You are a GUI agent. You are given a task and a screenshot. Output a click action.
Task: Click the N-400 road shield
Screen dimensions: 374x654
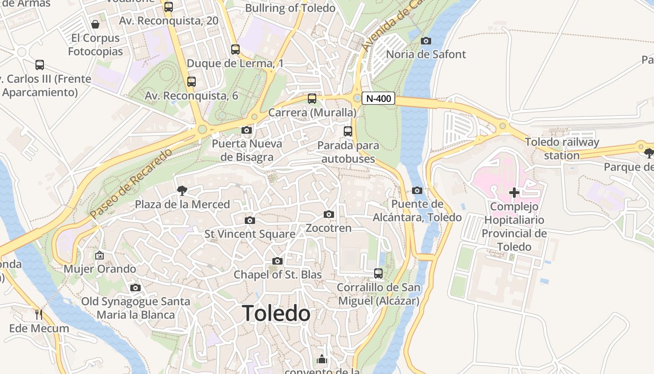tap(378, 99)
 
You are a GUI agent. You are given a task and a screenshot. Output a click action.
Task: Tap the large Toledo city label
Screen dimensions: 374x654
tap(277, 313)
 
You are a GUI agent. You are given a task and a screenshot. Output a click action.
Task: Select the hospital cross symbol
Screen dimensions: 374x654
tap(514, 193)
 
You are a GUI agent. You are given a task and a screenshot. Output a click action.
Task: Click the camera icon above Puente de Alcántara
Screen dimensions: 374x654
tap(417, 190)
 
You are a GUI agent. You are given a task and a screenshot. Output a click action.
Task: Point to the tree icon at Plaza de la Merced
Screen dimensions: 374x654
tap(182, 190)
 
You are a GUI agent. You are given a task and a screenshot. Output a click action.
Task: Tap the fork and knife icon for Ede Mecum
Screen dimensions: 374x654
tap(39, 314)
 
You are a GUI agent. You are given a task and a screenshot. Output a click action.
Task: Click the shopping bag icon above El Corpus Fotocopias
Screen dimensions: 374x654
tap(95, 24)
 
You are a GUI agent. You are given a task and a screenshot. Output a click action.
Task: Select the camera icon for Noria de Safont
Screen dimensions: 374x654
tap(426, 41)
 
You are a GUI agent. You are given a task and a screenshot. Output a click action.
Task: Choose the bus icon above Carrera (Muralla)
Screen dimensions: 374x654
tap(312, 99)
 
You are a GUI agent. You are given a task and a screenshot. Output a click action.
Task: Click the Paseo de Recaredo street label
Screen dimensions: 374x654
tap(131, 183)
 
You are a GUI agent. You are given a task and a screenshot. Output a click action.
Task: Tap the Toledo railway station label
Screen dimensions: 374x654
tap(562, 149)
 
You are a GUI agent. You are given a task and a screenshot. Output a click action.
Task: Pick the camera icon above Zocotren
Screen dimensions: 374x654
tap(329, 214)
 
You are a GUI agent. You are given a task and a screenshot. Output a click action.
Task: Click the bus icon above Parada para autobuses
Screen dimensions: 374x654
tap(348, 131)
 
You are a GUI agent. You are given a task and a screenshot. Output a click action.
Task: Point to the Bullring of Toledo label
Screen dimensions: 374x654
tap(290, 8)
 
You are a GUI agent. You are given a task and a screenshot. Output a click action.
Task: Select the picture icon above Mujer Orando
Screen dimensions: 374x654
tap(100, 255)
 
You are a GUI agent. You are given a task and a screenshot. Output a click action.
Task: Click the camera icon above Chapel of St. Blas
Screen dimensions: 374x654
tap(277, 261)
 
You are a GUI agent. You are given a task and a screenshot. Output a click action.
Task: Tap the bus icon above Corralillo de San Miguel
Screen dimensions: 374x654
tap(378, 273)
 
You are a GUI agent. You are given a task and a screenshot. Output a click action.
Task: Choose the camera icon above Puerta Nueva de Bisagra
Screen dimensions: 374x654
tap(247, 130)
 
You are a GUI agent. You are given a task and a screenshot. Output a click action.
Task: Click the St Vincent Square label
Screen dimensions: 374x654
tap(250, 234)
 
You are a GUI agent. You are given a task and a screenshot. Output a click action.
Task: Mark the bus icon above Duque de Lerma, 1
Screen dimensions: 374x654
tap(235, 50)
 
